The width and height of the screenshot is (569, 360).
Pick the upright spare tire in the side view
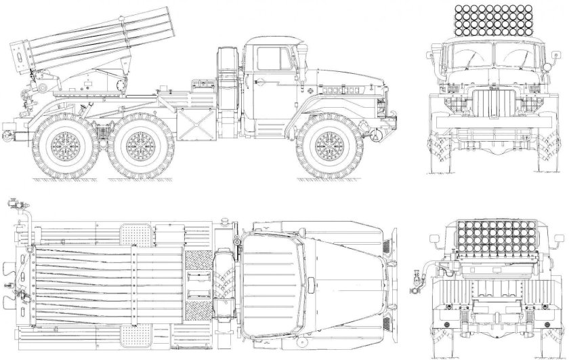[228, 78]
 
